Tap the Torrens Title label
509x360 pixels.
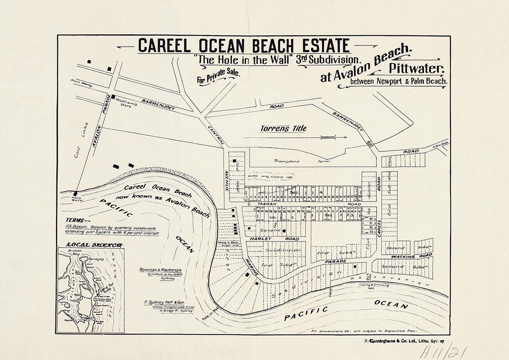[x=283, y=128]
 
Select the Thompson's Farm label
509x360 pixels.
[x=287, y=161]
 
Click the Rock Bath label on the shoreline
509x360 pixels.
[x=76, y=199]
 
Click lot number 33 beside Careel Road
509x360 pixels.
[x=371, y=232]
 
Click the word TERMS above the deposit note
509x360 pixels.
[x=76, y=220]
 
